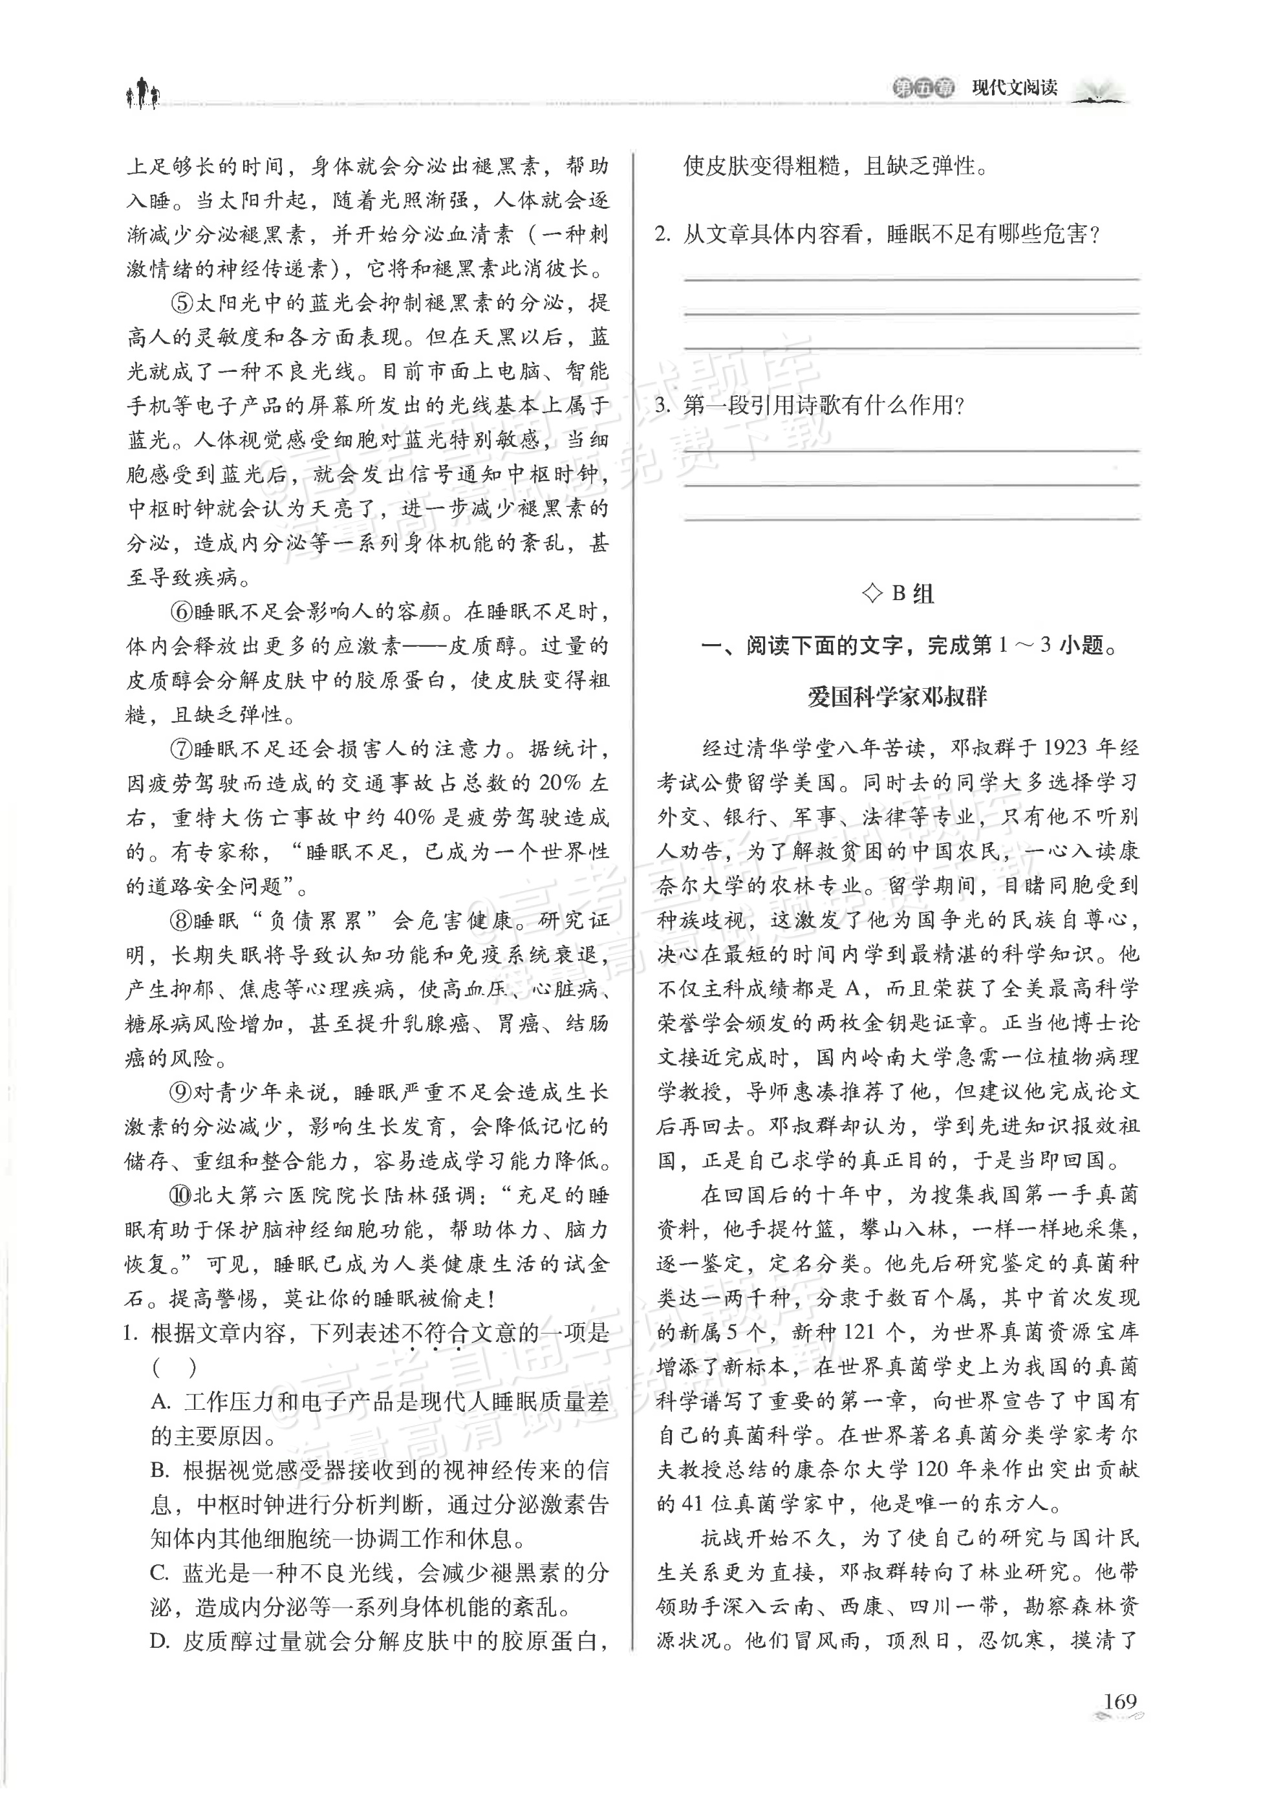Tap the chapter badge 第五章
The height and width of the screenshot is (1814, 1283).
923,88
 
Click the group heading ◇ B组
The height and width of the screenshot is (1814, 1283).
898,593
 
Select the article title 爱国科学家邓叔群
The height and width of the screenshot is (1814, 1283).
898,697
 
